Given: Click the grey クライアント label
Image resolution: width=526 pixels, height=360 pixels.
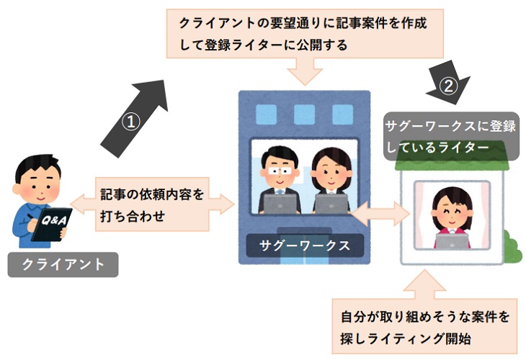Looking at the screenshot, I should tap(63, 264).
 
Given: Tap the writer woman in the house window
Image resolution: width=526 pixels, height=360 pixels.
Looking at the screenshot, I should tap(447, 209).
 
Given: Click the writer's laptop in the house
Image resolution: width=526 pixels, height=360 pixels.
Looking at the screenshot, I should tap(452, 241).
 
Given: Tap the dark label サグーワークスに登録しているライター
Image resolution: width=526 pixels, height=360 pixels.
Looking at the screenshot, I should tap(450, 136).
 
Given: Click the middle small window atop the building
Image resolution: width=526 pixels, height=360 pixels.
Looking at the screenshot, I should tap(304, 114).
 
